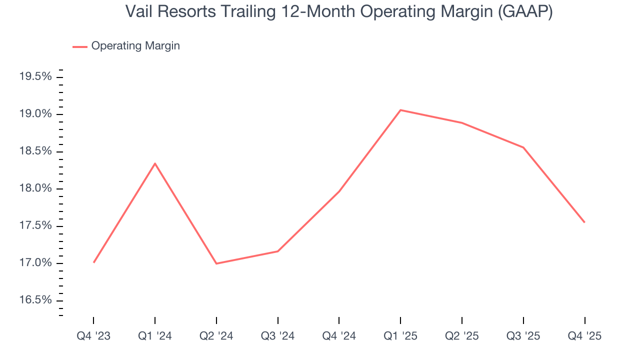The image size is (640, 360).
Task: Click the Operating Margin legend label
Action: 135,46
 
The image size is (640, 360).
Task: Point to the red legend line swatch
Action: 80,46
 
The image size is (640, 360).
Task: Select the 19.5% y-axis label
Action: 35,77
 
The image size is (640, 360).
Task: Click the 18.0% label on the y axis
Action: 35,188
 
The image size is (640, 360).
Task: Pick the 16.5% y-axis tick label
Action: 35,300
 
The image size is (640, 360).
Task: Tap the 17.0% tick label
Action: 35,263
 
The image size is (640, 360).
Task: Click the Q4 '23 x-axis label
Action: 93,336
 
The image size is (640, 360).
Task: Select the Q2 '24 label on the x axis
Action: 216,336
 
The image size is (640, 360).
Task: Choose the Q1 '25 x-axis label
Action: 400,336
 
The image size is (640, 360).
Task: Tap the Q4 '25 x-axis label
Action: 584,336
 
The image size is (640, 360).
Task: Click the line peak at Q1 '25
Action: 400,110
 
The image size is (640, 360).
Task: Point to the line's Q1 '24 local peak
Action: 155,163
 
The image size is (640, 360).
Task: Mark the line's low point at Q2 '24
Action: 216,263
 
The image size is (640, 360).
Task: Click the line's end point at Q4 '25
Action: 584,222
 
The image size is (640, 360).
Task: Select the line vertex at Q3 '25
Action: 523,147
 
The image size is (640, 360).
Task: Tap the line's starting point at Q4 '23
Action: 93,262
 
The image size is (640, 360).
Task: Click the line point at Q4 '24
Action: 339,191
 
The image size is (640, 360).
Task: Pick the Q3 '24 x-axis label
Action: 278,336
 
